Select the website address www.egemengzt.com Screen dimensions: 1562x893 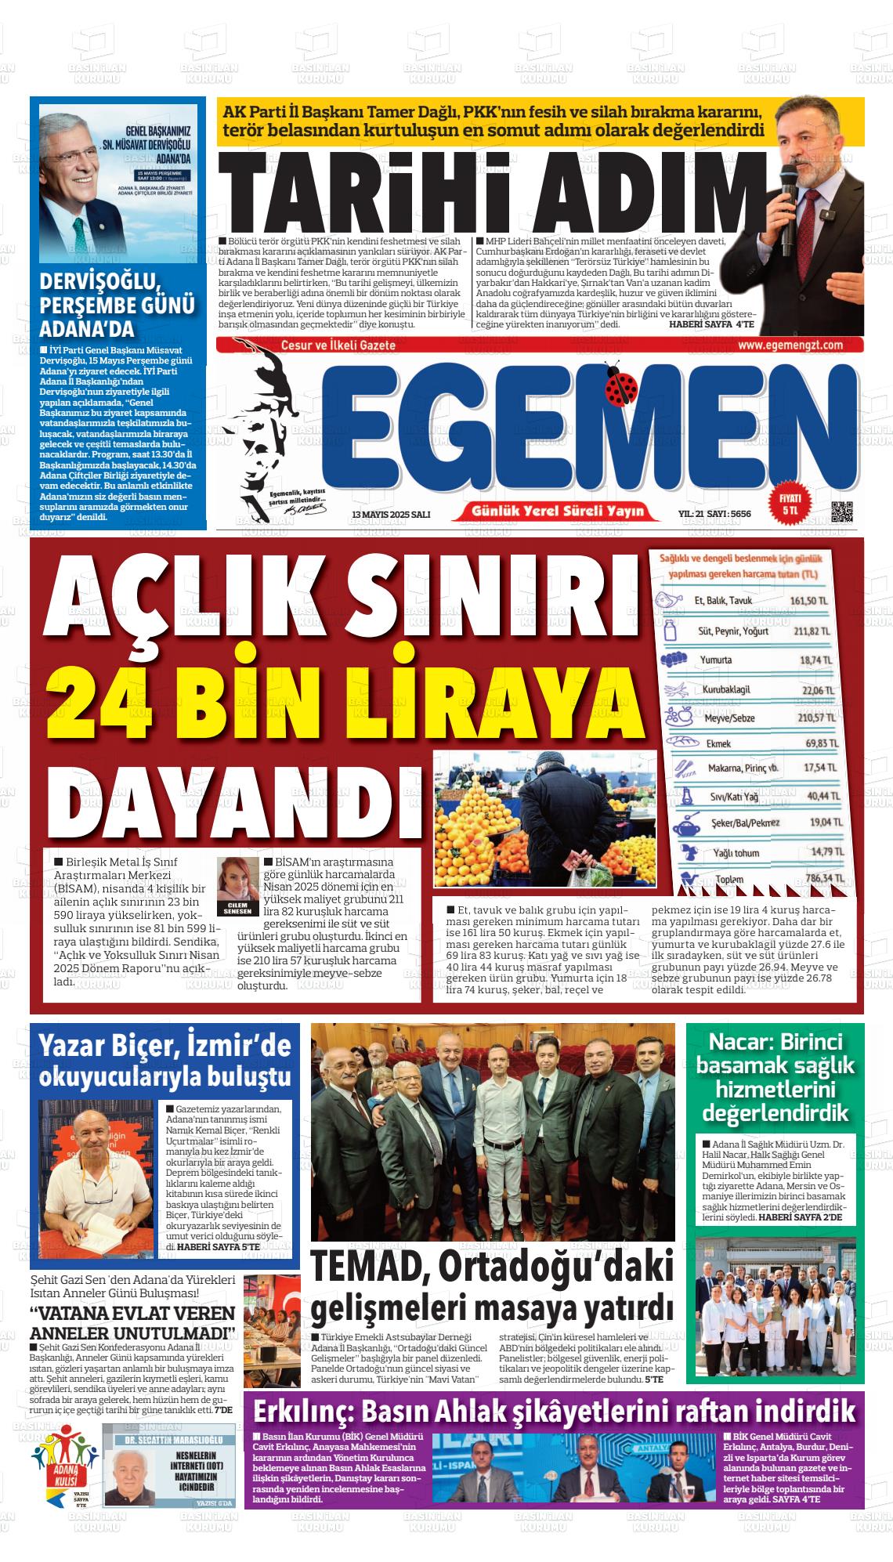[790, 345]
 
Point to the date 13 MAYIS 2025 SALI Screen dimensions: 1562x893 [391, 514]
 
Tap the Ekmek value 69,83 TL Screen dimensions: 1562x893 [821, 743]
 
